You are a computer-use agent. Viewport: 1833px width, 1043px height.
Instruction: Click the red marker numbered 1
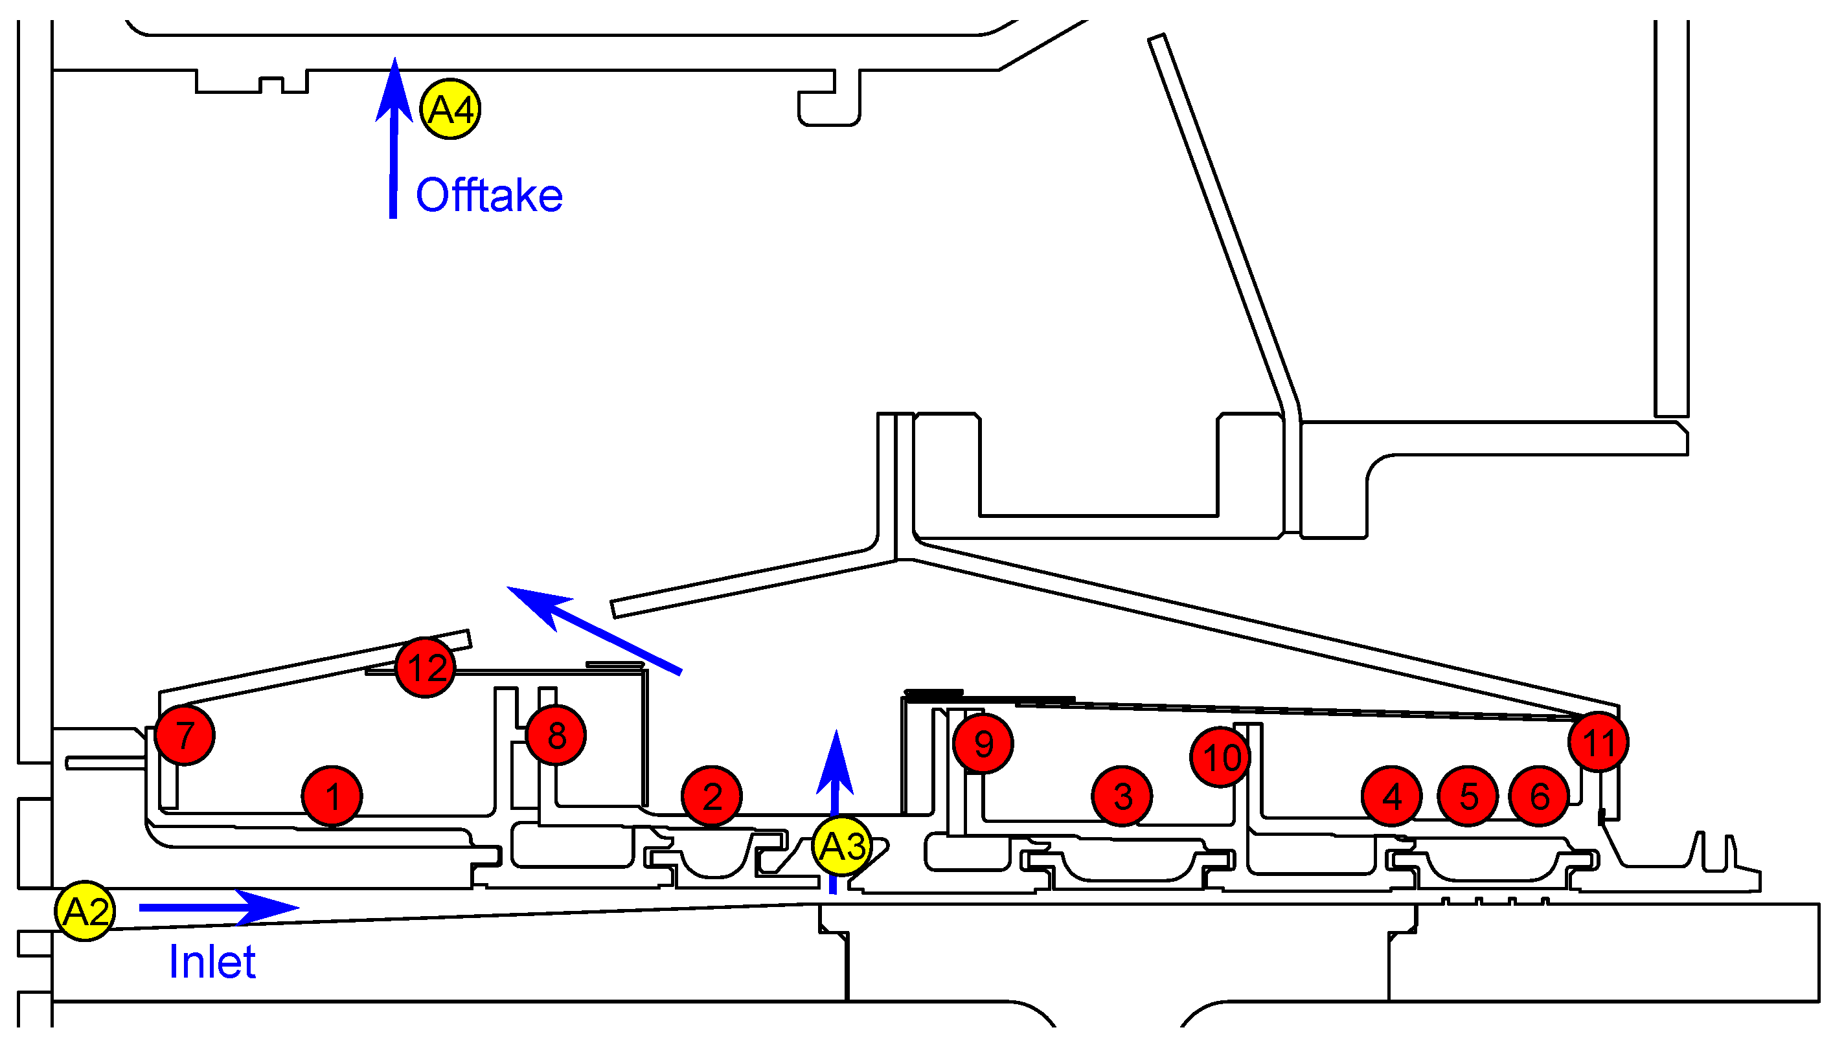pos(332,796)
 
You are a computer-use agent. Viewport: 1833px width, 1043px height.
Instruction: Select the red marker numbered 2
pos(712,796)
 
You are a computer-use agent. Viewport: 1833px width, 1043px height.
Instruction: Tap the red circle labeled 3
pos(1122,796)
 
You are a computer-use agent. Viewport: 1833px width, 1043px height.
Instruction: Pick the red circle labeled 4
pos(1391,796)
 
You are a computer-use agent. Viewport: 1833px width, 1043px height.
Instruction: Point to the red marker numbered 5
pos(1468,796)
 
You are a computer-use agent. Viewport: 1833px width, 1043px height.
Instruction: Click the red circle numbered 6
pos(1539,796)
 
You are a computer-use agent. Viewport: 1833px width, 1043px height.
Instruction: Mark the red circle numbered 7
pos(185,735)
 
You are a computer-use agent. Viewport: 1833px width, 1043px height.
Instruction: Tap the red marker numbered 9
pos(983,744)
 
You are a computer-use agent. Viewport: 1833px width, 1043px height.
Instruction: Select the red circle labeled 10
pos(1221,757)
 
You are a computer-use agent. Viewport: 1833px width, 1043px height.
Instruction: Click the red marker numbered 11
pos(1599,742)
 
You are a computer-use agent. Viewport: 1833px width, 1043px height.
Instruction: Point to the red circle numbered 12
pos(426,667)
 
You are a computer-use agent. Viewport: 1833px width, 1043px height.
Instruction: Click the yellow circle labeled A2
pos(85,911)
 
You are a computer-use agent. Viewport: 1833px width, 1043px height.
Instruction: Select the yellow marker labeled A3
pos(842,846)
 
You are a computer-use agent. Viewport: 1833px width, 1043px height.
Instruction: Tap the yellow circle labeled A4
pos(450,109)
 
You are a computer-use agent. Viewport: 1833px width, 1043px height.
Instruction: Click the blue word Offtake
pos(490,195)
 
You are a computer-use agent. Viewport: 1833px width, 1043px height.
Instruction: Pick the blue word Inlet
pos(212,961)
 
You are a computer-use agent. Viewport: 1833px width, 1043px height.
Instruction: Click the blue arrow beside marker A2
pos(218,908)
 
